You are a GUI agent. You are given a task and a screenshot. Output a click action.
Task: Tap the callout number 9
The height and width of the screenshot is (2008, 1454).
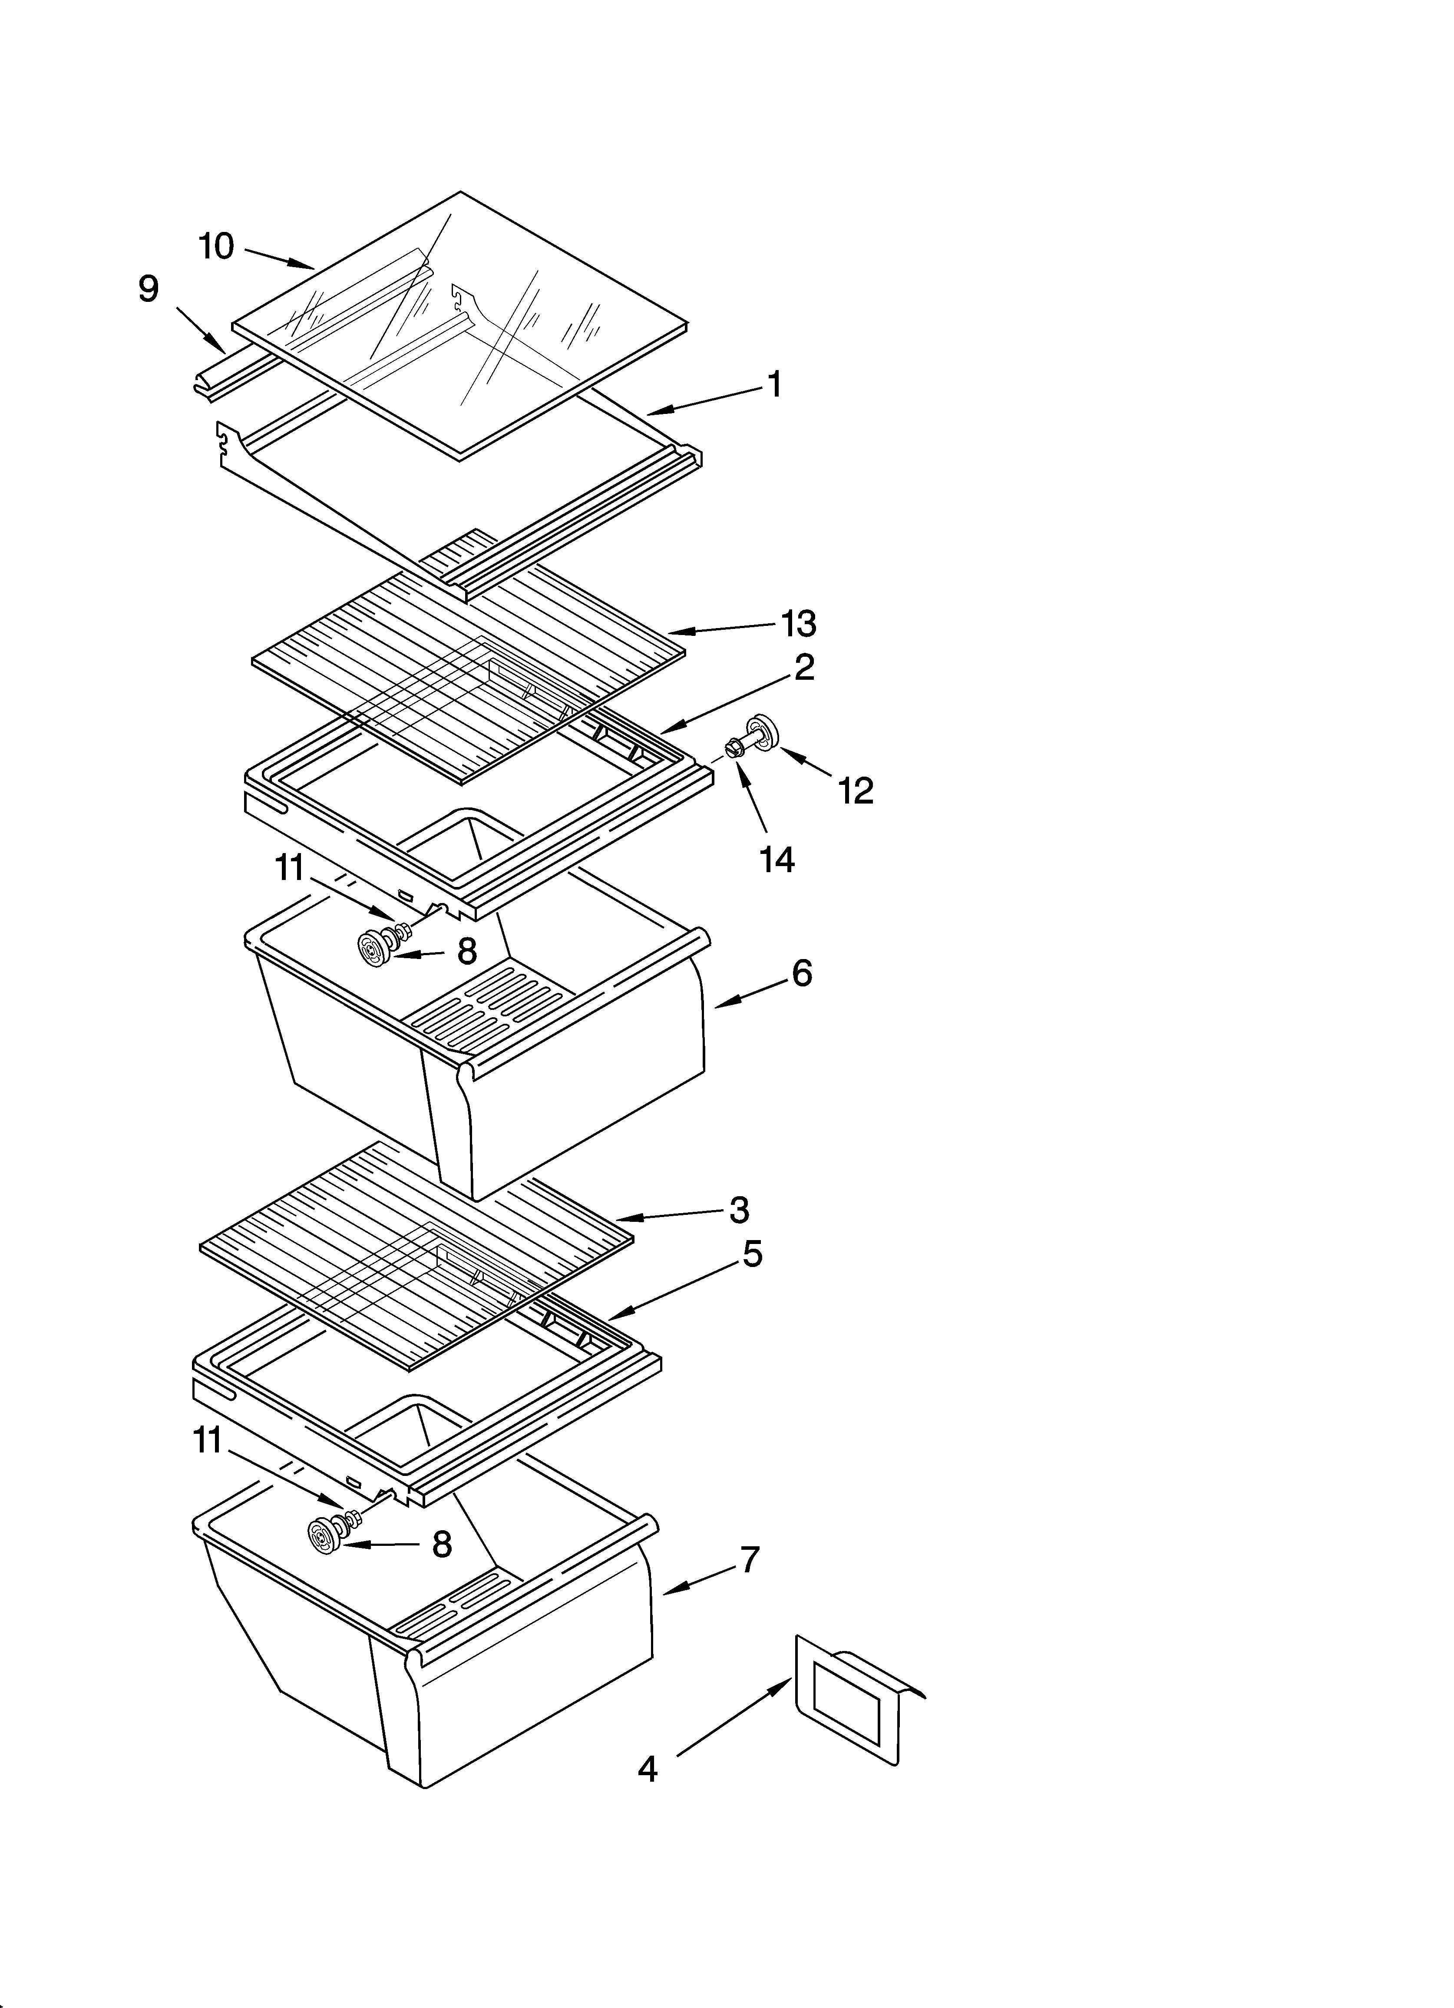[149, 290]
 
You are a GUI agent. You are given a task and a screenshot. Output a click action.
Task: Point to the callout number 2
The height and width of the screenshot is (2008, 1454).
[803, 668]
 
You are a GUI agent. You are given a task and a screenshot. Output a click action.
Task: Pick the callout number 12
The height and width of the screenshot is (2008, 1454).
[856, 791]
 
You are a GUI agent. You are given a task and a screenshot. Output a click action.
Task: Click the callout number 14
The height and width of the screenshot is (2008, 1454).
[777, 859]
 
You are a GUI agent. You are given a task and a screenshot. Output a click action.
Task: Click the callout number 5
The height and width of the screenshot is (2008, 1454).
[752, 1254]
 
